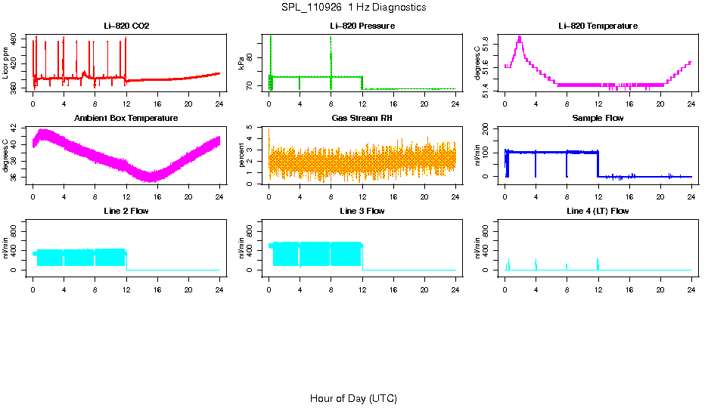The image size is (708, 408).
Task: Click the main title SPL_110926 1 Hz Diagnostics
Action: tap(353, 7)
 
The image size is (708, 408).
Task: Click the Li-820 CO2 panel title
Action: tap(126, 26)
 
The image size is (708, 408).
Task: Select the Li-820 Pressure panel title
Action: tap(362, 26)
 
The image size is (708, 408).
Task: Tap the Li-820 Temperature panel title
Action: tap(598, 26)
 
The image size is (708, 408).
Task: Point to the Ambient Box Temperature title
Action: tap(126, 119)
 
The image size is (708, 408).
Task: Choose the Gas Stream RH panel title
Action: tap(362, 119)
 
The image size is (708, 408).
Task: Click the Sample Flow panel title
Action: tap(598, 119)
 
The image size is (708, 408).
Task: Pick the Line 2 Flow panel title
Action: tap(126, 211)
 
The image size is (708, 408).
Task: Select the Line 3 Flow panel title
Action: tap(362, 211)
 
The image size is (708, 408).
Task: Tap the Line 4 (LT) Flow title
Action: tap(598, 211)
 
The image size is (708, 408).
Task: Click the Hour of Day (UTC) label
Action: tap(353, 398)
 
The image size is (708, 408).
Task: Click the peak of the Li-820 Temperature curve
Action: tap(520, 37)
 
